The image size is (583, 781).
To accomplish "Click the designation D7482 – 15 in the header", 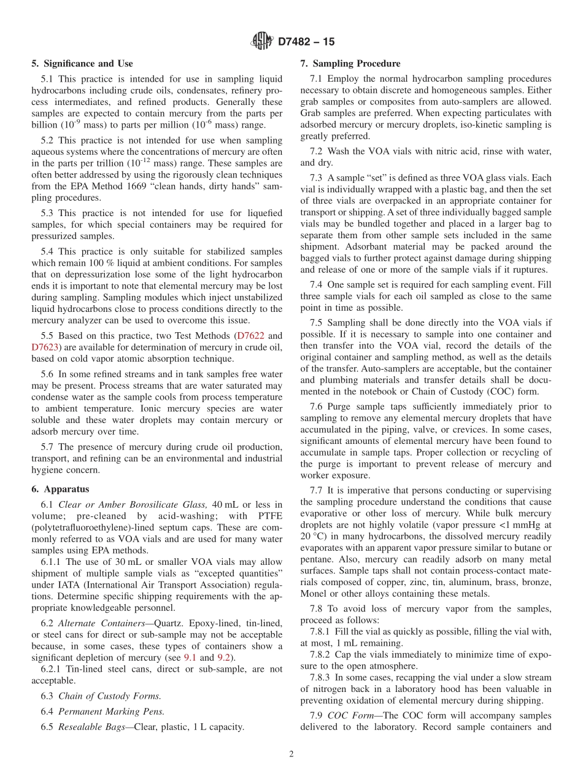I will pos(306,42).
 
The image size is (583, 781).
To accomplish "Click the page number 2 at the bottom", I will pos(291,755).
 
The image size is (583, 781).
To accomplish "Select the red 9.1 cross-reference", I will pos(191,658).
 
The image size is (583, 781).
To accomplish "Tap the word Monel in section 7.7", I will pos(314,594).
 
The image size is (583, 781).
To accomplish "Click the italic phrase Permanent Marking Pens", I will pos(111,712).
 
